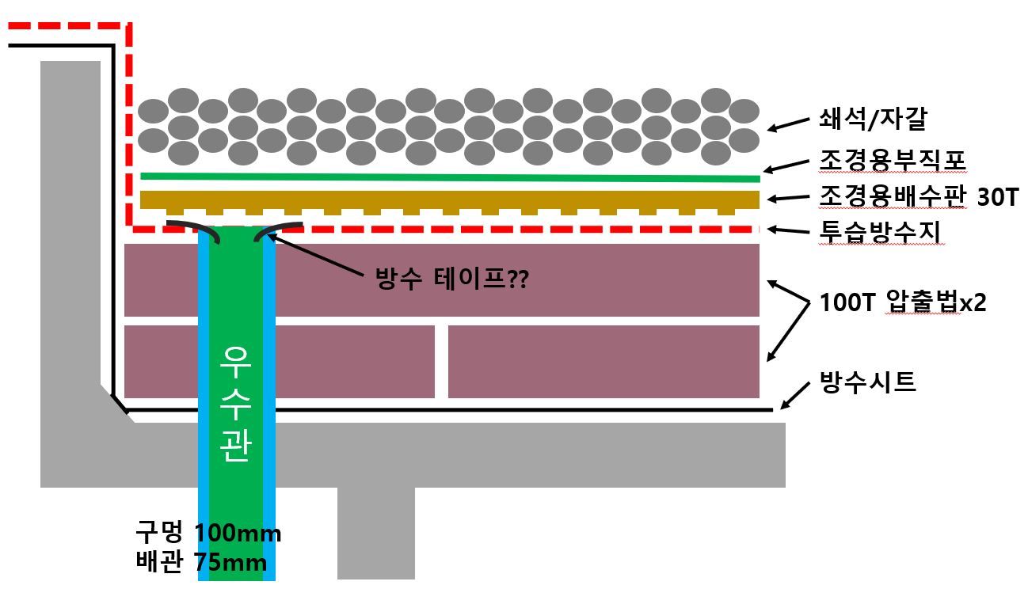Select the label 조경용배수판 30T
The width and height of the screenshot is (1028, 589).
coord(917,197)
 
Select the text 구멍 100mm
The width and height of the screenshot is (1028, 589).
coord(208,534)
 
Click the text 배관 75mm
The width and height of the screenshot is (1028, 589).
coord(200,564)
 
